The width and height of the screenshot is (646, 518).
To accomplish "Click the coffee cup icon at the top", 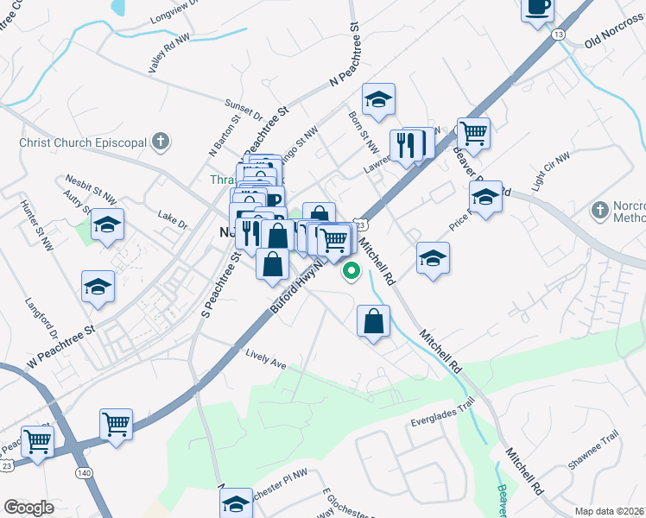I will point(536,8).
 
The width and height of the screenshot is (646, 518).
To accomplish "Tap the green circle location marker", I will point(351,272).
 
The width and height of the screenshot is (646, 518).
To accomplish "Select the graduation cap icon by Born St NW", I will point(378,100).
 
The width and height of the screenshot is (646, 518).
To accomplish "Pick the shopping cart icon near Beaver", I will point(473,134).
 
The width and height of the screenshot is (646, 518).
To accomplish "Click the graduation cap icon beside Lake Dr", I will point(107,225).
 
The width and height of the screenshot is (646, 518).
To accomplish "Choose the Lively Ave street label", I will point(265,359).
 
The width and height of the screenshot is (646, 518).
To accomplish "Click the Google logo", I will point(29,508).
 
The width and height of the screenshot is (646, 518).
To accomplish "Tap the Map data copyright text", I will point(609,511).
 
